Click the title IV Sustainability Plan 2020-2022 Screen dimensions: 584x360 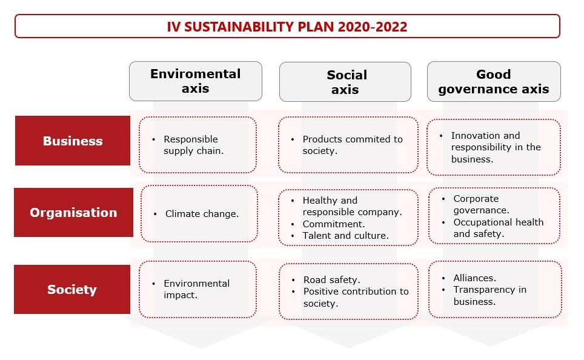pyautogui.click(x=287, y=27)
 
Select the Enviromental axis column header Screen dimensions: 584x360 pyautogui.click(x=196, y=81)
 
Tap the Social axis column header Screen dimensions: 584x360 pyautogui.click(x=345, y=82)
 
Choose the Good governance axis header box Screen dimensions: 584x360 pyautogui.click(x=494, y=82)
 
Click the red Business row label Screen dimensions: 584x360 pyautogui.click(x=73, y=141)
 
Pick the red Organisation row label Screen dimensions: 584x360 pyautogui.click(x=73, y=212)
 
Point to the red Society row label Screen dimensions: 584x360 pyautogui.click(x=72, y=289)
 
